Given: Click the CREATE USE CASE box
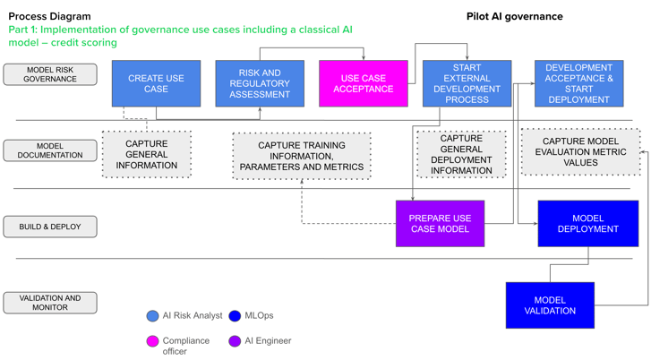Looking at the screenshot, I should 156,83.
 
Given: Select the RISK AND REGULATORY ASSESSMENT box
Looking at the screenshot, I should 260,83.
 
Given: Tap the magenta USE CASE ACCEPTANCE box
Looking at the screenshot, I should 363,83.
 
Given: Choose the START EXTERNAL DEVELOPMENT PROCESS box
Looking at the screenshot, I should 467,83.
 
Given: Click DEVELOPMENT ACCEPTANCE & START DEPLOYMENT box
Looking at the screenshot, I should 578,83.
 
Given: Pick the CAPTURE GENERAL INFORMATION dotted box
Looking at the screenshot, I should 146,154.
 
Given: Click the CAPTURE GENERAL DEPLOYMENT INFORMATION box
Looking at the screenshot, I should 461,154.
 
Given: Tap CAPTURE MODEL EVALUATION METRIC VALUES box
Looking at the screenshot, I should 580,151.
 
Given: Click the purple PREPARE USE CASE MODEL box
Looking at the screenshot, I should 440,223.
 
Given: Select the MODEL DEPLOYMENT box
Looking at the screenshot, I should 587,223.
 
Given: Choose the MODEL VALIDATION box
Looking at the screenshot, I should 550,305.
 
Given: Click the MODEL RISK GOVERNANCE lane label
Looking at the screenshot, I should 50,74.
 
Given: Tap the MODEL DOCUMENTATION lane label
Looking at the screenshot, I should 50,150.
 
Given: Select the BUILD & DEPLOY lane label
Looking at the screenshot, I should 50,227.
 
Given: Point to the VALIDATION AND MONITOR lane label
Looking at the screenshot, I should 50,304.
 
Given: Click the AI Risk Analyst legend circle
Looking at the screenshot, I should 152,315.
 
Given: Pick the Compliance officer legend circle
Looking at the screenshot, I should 152,340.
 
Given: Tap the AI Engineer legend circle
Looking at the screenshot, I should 235,340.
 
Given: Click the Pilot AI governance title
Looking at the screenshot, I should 514,16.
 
